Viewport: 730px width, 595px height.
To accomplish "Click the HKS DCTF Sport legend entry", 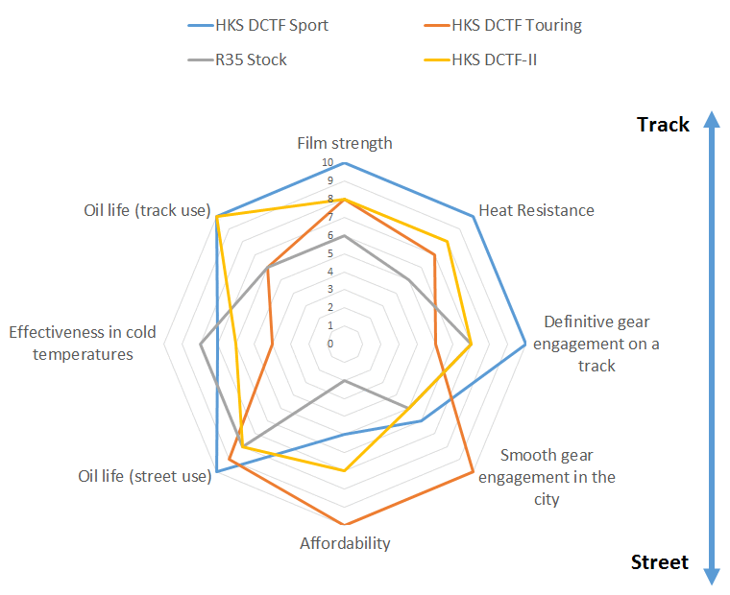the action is (x=258, y=25).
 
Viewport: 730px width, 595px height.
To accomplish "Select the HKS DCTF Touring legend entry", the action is (x=502, y=25).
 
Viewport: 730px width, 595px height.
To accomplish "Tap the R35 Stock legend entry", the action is (x=237, y=60).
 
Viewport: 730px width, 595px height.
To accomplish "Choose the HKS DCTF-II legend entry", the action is (x=480, y=60).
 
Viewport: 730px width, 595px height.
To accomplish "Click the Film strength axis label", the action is (x=345, y=143).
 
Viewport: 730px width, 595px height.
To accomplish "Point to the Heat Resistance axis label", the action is (x=536, y=210).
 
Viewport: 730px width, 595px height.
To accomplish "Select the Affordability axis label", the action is (x=345, y=543).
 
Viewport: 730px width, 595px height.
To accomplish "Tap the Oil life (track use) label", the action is (x=147, y=210).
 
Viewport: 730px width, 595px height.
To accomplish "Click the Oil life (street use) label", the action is (x=145, y=476).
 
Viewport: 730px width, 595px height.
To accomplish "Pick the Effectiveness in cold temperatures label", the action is (x=83, y=344).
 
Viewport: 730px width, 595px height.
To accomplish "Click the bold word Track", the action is (x=663, y=125).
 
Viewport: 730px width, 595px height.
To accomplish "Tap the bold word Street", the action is (x=659, y=562).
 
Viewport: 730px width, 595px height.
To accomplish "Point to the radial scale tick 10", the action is (x=328, y=162).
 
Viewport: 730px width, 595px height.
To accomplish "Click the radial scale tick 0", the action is (x=330, y=344).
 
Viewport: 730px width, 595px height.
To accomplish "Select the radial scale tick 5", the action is (x=330, y=253).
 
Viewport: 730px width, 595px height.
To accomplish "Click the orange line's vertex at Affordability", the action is (x=345, y=524).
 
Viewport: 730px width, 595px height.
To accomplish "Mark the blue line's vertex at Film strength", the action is (x=345, y=163).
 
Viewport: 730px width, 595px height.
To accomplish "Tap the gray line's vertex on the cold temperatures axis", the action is (x=200, y=344).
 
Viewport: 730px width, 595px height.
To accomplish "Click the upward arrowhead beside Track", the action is (x=712, y=119).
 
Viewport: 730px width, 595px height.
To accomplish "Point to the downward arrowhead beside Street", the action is (x=712, y=577).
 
